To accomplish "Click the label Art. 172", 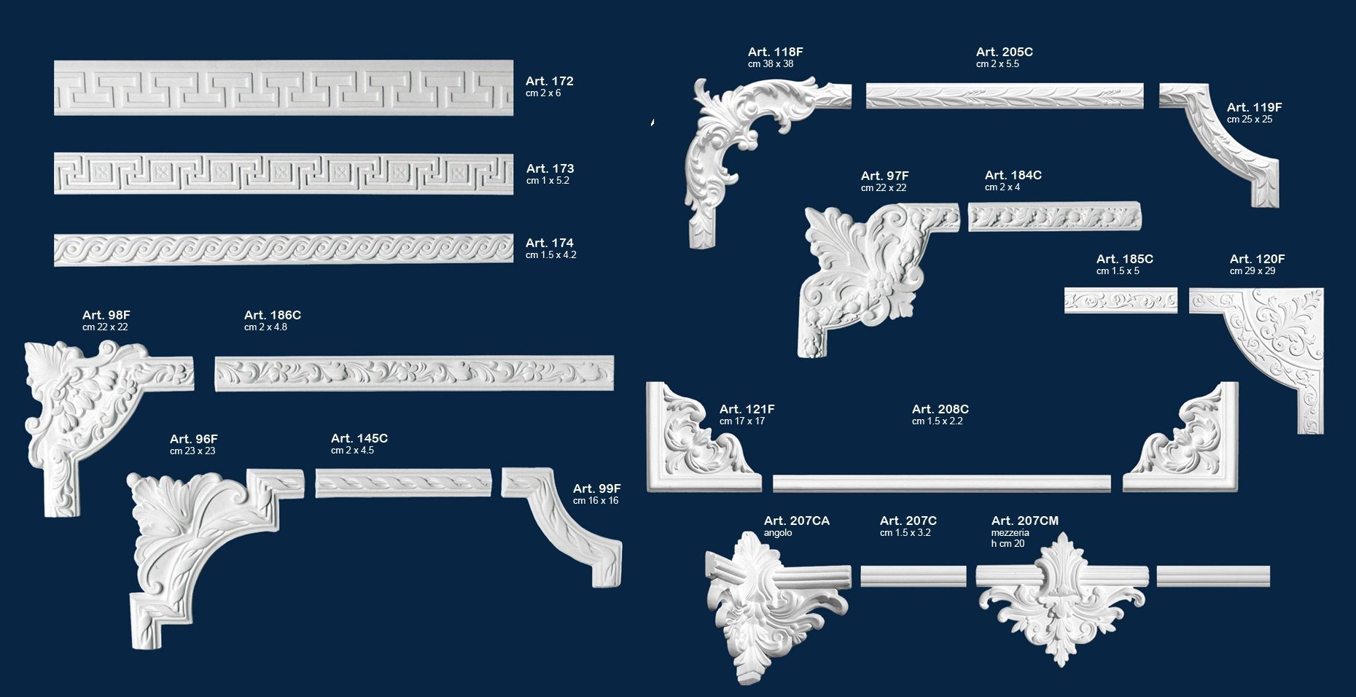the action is coord(549,81).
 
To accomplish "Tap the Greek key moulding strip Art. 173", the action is coord(283,174).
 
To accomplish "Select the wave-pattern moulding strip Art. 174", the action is coord(283,249).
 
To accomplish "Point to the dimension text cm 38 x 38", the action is coord(770,64).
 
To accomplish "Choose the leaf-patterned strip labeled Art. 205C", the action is coord(1004,96).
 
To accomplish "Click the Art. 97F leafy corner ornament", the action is coord(868,270).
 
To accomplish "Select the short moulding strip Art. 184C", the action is coord(1054,217).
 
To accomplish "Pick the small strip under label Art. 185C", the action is coord(1121,300).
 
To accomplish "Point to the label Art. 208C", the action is coord(940,409).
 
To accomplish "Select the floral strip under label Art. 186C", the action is coord(414,373).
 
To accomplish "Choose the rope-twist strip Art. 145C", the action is coord(403,483).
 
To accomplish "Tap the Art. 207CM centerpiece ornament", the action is coord(1061,598).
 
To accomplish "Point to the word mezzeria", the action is coord(1010,533).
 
